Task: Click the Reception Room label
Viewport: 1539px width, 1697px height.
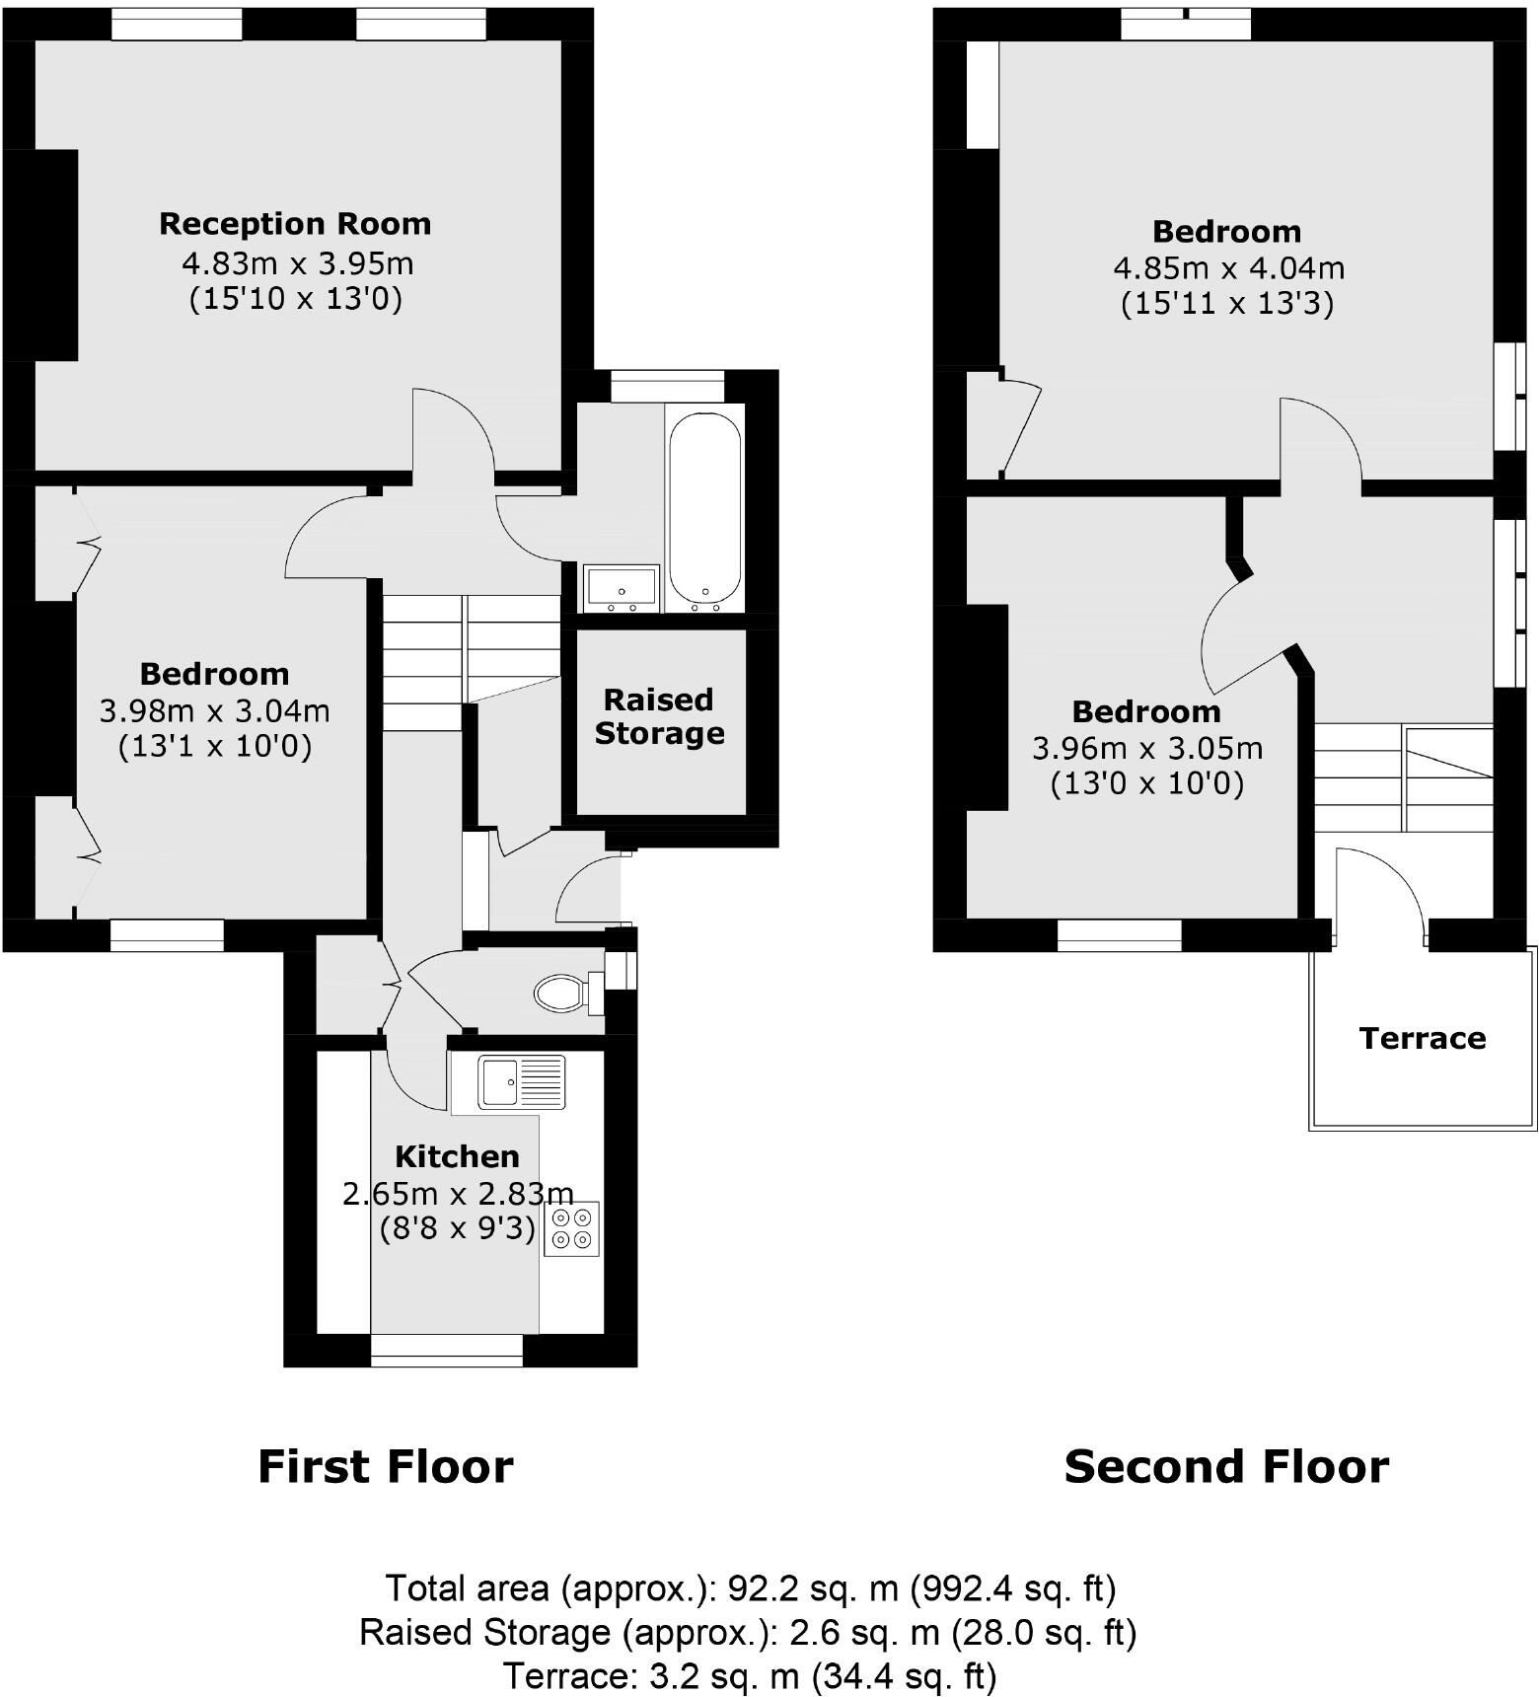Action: pyautogui.click(x=295, y=224)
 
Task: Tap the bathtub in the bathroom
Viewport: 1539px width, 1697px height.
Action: pyautogui.click(x=704, y=507)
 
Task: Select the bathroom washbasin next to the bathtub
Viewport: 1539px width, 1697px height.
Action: pyautogui.click(x=621, y=587)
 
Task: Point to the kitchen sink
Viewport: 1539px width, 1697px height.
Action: pyautogui.click(x=522, y=1082)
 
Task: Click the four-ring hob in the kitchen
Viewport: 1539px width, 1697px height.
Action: pyautogui.click(x=572, y=1228)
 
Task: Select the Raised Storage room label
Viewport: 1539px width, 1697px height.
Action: pyautogui.click(x=659, y=716)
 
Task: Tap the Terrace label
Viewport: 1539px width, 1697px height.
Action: pyautogui.click(x=1422, y=1038)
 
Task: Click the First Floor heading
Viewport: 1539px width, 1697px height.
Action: pyautogui.click(x=385, y=1466)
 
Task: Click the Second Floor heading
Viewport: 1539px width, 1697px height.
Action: pyautogui.click(x=1225, y=1466)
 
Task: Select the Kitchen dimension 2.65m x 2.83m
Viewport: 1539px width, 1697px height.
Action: pyautogui.click(x=458, y=1194)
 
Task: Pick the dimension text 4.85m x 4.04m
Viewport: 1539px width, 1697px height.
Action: pyautogui.click(x=1228, y=267)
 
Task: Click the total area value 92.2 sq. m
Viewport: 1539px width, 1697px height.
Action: pyautogui.click(x=812, y=1587)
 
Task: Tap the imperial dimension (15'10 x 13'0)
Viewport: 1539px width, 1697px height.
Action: pyautogui.click(x=296, y=298)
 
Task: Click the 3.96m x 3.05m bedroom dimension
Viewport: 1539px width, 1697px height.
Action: pyautogui.click(x=1146, y=748)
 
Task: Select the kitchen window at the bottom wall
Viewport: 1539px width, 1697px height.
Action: pyautogui.click(x=446, y=1350)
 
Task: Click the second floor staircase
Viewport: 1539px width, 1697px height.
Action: pyautogui.click(x=1402, y=779)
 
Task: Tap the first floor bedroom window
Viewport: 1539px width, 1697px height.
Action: pyautogui.click(x=167, y=934)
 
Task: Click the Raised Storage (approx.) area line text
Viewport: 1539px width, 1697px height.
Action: pyautogui.click(x=747, y=1632)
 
